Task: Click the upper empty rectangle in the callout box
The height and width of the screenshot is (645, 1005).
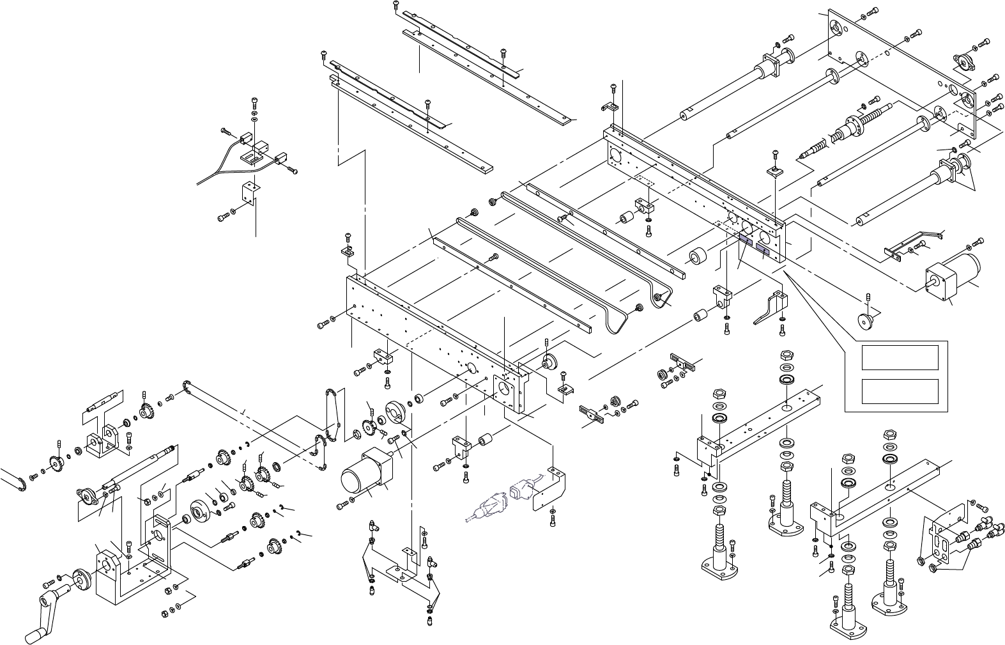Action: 900,357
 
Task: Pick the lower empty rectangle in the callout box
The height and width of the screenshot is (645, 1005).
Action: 900,391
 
